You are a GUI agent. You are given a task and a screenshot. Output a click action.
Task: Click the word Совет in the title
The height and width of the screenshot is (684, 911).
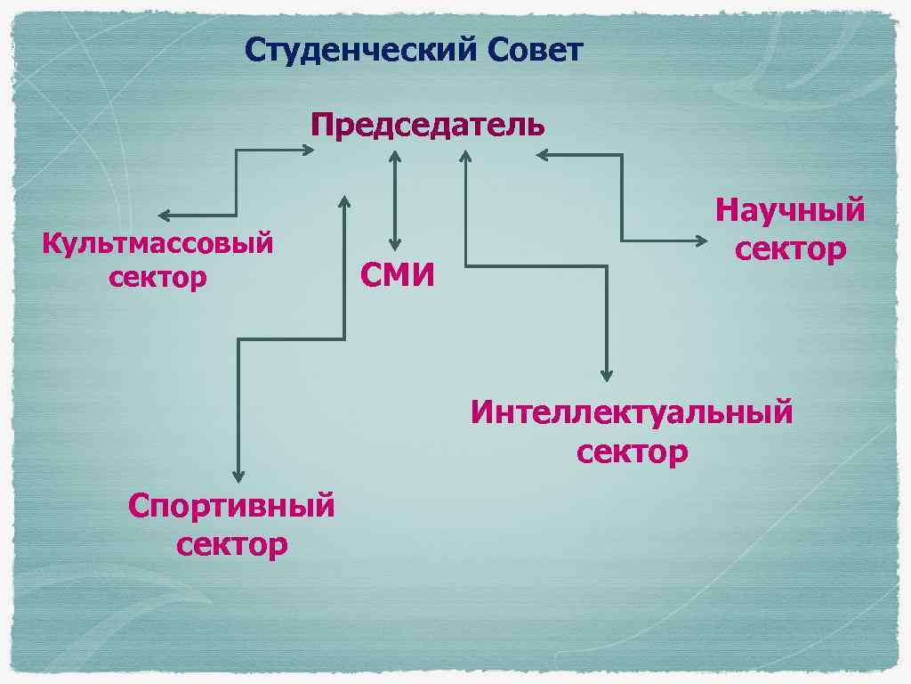535,50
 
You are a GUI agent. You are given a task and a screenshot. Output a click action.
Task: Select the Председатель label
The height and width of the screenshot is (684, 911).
428,125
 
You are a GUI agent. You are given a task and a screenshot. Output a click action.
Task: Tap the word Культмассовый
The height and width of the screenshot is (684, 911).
157,243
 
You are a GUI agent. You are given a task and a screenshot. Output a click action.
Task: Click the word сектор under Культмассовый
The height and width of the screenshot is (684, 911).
157,277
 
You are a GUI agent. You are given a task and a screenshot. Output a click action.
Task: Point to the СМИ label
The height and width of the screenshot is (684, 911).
398,276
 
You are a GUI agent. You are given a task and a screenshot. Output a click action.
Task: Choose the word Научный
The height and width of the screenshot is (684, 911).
790,211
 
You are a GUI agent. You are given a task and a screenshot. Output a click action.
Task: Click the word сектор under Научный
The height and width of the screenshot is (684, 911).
790,248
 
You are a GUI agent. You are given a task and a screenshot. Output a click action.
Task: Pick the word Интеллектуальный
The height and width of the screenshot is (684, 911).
632,413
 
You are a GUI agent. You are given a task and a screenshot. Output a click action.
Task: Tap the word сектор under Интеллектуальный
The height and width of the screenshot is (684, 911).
632,452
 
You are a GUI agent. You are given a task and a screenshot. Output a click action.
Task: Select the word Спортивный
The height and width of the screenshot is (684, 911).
231,506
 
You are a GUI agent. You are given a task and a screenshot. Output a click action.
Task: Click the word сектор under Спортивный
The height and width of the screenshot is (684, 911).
231,543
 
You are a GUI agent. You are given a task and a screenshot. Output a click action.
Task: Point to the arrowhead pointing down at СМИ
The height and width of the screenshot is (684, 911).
395,245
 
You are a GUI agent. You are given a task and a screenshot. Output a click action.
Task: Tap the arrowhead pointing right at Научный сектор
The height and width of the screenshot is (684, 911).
703,240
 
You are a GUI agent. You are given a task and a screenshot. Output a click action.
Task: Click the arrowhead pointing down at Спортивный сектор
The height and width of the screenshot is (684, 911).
238,476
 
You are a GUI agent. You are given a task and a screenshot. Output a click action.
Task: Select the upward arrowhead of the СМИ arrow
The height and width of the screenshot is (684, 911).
395,156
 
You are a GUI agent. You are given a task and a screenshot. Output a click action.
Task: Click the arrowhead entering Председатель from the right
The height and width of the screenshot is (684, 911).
542,155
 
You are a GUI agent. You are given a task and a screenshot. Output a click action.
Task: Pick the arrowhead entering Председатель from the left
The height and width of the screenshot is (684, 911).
307,151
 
